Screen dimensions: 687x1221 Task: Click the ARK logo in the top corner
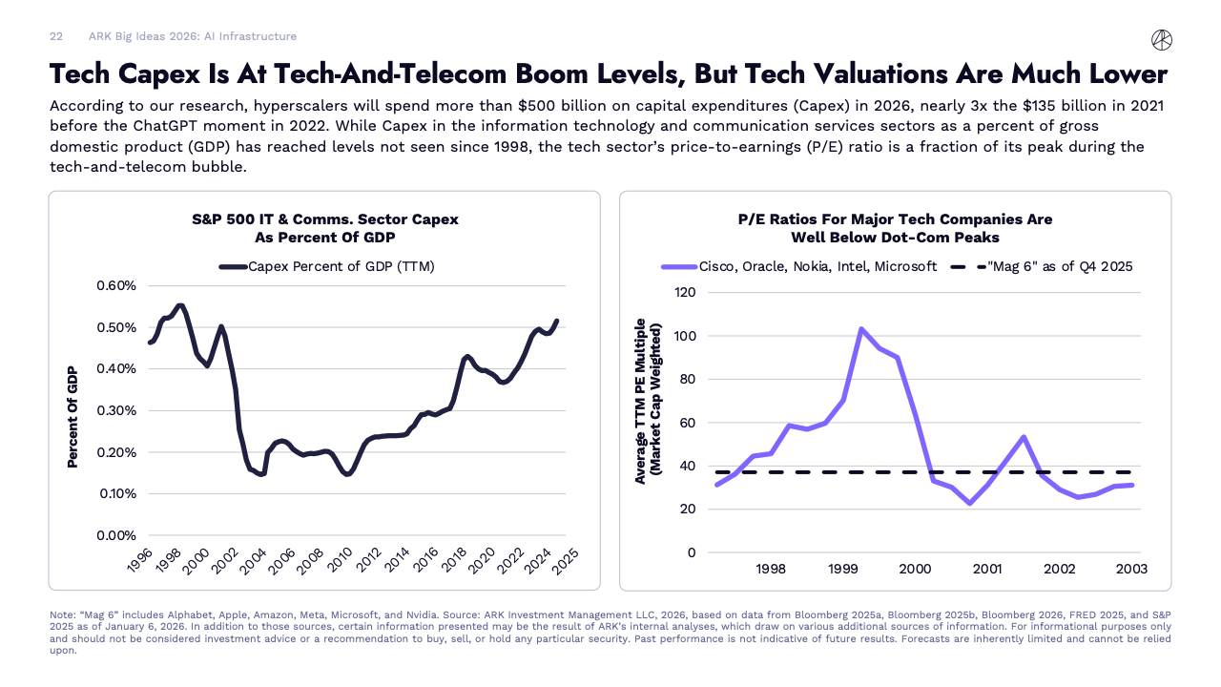click(1162, 39)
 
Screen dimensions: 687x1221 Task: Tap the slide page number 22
click(56, 36)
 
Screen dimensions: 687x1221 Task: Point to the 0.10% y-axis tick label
click(116, 494)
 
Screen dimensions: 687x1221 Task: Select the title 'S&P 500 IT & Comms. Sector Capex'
click(325, 219)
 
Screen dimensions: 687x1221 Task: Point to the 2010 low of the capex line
click(347, 473)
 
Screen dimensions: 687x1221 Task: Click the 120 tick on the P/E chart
click(685, 292)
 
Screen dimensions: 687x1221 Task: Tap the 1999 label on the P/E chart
click(842, 569)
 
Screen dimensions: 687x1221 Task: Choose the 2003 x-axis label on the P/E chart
click(1131, 569)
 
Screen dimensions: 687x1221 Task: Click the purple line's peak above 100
click(861, 329)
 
